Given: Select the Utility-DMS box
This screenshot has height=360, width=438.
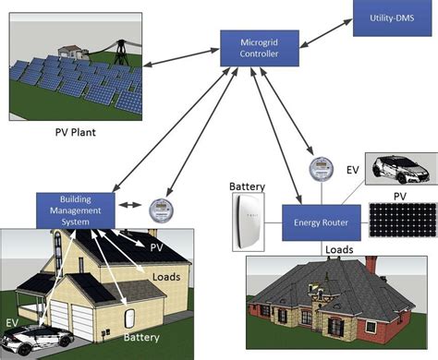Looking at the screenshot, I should click(392, 19).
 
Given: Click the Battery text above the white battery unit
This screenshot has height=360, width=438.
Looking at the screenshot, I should click(247, 186).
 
